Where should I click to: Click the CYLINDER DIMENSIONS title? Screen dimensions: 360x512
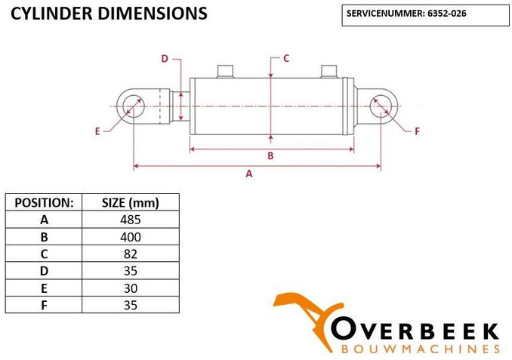pyautogui.click(x=109, y=14)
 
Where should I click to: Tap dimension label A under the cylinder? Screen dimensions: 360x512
pyautogui.click(x=249, y=174)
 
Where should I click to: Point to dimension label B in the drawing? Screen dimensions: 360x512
pyautogui.click(x=270, y=156)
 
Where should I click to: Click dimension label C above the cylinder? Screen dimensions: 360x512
pyautogui.click(x=286, y=57)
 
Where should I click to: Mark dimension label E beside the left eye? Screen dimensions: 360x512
pyautogui.click(x=97, y=131)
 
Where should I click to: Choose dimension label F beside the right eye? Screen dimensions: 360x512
pyautogui.click(x=417, y=131)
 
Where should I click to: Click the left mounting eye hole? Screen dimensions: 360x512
pyautogui.click(x=133, y=106)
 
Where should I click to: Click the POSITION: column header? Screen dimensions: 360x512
pyautogui.click(x=44, y=202)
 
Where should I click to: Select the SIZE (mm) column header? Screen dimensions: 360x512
pyautogui.click(x=131, y=202)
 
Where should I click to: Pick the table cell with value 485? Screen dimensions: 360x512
pyautogui.click(x=131, y=220)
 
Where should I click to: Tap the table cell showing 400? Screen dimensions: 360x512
pyautogui.click(x=131, y=237)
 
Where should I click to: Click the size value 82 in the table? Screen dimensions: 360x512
pyautogui.click(x=131, y=254)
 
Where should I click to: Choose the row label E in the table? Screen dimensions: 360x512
pyautogui.click(x=44, y=288)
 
